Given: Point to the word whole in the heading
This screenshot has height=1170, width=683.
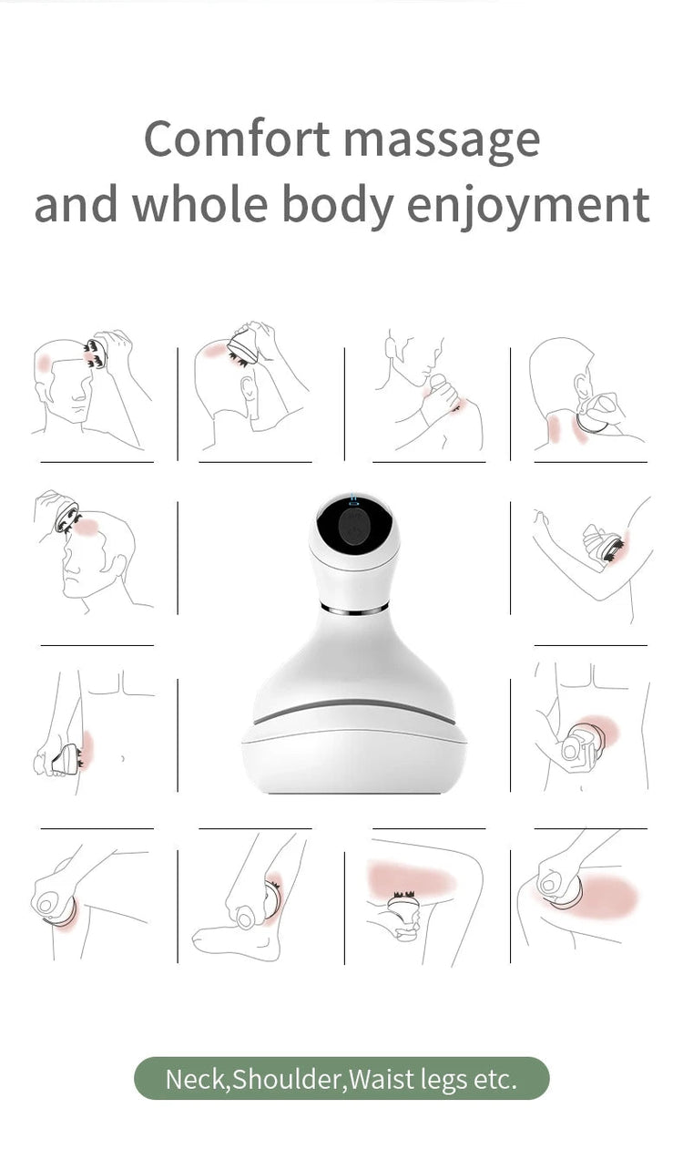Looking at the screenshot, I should (x=200, y=204).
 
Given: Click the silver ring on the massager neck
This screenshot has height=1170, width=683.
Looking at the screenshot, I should (x=354, y=608).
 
